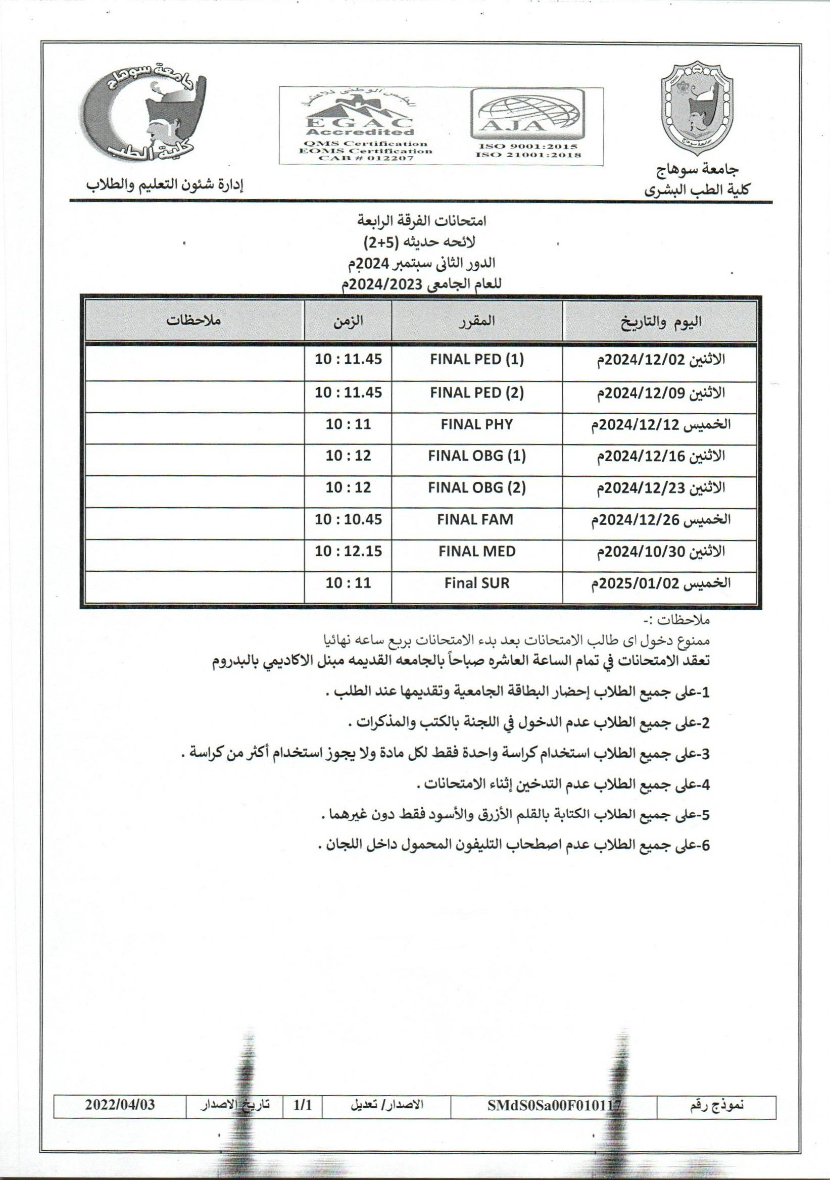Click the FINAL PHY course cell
(476, 424)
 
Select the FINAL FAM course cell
(475, 520)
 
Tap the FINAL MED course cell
(476, 552)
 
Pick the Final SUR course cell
(476, 583)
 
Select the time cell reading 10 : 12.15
(349, 552)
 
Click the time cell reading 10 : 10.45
(349, 520)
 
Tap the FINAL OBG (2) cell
(476, 488)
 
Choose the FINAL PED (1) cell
(476, 360)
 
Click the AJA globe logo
(528, 114)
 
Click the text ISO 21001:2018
(528, 155)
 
